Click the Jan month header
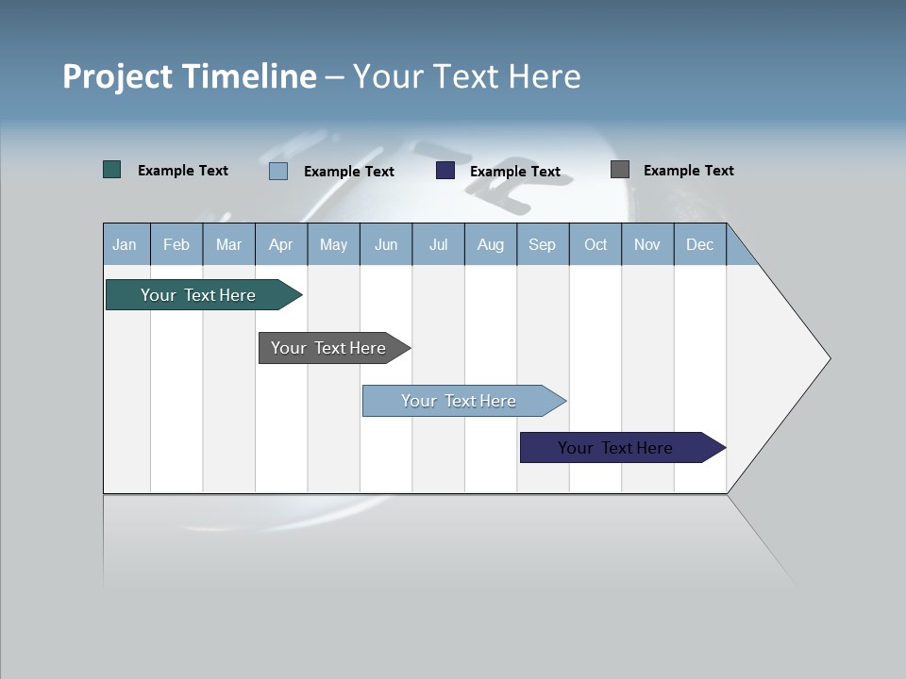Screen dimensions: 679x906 126,244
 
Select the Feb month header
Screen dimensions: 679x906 176,244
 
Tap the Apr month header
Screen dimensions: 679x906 281,244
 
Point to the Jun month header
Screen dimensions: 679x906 386,244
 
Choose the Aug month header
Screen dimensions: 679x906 491,244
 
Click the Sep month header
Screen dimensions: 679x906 543,244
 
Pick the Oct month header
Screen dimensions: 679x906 596,244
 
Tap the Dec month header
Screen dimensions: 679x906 700,244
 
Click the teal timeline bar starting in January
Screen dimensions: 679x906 198,295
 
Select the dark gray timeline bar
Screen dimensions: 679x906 328,348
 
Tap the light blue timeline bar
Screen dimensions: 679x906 459,401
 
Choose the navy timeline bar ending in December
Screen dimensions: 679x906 615,448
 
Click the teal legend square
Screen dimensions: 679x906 112,170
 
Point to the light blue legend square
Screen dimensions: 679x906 278,171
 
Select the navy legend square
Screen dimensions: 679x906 445,171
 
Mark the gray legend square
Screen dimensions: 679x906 620,170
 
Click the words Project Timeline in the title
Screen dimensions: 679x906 190,76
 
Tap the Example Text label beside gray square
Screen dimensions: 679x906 688,171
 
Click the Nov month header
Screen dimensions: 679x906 647,244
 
